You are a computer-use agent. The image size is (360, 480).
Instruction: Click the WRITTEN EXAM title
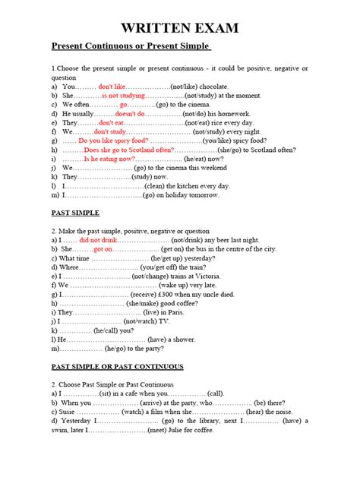click(179, 29)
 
